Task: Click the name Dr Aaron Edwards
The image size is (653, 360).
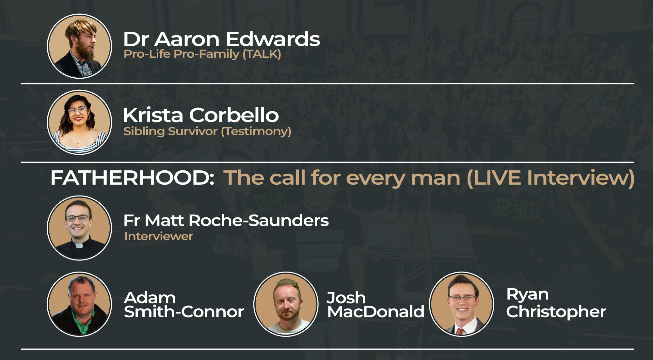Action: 222,39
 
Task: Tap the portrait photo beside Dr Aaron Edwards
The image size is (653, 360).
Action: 79,46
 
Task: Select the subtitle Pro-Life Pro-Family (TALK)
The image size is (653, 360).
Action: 202,54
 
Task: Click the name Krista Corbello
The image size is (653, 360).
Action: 201,115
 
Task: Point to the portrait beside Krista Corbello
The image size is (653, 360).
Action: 79,122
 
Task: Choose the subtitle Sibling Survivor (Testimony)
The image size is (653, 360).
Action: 207,131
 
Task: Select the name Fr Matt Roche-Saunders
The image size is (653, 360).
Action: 226,221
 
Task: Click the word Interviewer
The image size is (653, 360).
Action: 159,236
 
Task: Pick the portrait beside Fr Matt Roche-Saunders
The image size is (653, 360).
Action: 79,228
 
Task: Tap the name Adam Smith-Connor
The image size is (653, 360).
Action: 184,305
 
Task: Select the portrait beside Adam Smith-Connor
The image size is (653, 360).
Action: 79,304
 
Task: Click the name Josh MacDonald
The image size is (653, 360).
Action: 375,305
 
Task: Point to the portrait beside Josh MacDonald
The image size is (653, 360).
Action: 286,304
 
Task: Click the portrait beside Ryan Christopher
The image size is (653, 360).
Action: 461,304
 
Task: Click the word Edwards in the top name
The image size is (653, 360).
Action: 273,39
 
